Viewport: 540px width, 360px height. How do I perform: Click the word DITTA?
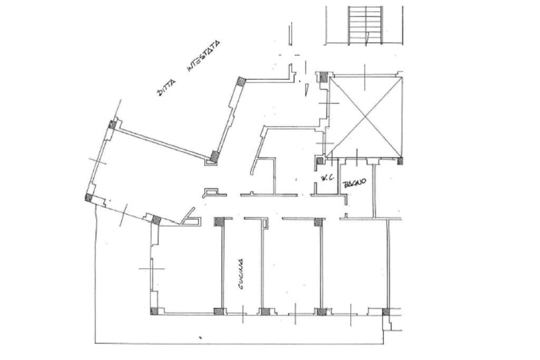coord(166,87)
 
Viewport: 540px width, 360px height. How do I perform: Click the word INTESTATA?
coord(203,56)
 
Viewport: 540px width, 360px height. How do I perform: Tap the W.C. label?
coord(325,178)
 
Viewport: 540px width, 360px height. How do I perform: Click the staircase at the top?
coord(365,25)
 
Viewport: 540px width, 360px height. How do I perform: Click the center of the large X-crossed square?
coord(365,116)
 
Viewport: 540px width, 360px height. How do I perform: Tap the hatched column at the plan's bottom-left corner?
coord(155,311)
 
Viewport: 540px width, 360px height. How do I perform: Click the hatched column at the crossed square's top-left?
coord(324,76)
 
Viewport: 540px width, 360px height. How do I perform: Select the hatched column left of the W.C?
coord(320,161)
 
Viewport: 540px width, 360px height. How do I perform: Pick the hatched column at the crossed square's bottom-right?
coord(400,160)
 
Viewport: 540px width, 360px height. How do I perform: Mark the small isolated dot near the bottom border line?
coord(200,338)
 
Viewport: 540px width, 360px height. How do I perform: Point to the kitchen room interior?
coord(242,265)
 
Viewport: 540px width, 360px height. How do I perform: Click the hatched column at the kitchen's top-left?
coord(219,222)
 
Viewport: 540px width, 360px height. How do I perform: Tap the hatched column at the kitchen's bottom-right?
coord(265,312)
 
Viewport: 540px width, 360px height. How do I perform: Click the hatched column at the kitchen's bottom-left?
coord(218,312)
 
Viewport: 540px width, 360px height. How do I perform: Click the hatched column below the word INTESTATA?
coord(240,81)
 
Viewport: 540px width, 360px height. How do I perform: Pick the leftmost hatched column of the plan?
coord(89,198)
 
